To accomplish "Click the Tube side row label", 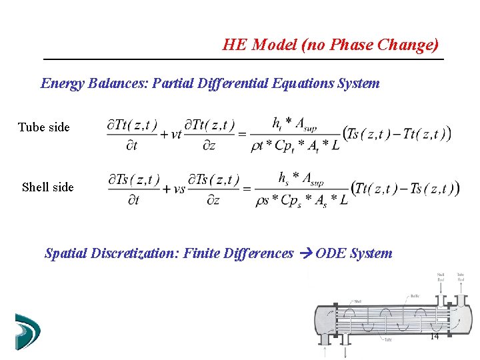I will [x=43, y=127].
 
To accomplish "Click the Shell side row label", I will [x=48, y=187].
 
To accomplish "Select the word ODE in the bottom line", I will [x=330, y=253].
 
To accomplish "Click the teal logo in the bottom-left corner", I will [x=27, y=331].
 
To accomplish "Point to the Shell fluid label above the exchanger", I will [x=441, y=277].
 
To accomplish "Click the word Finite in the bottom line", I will [x=196, y=253].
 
